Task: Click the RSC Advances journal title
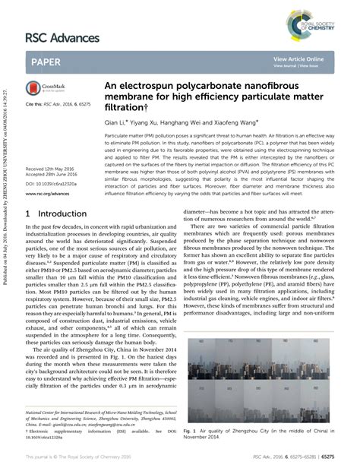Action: pos(63,37)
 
